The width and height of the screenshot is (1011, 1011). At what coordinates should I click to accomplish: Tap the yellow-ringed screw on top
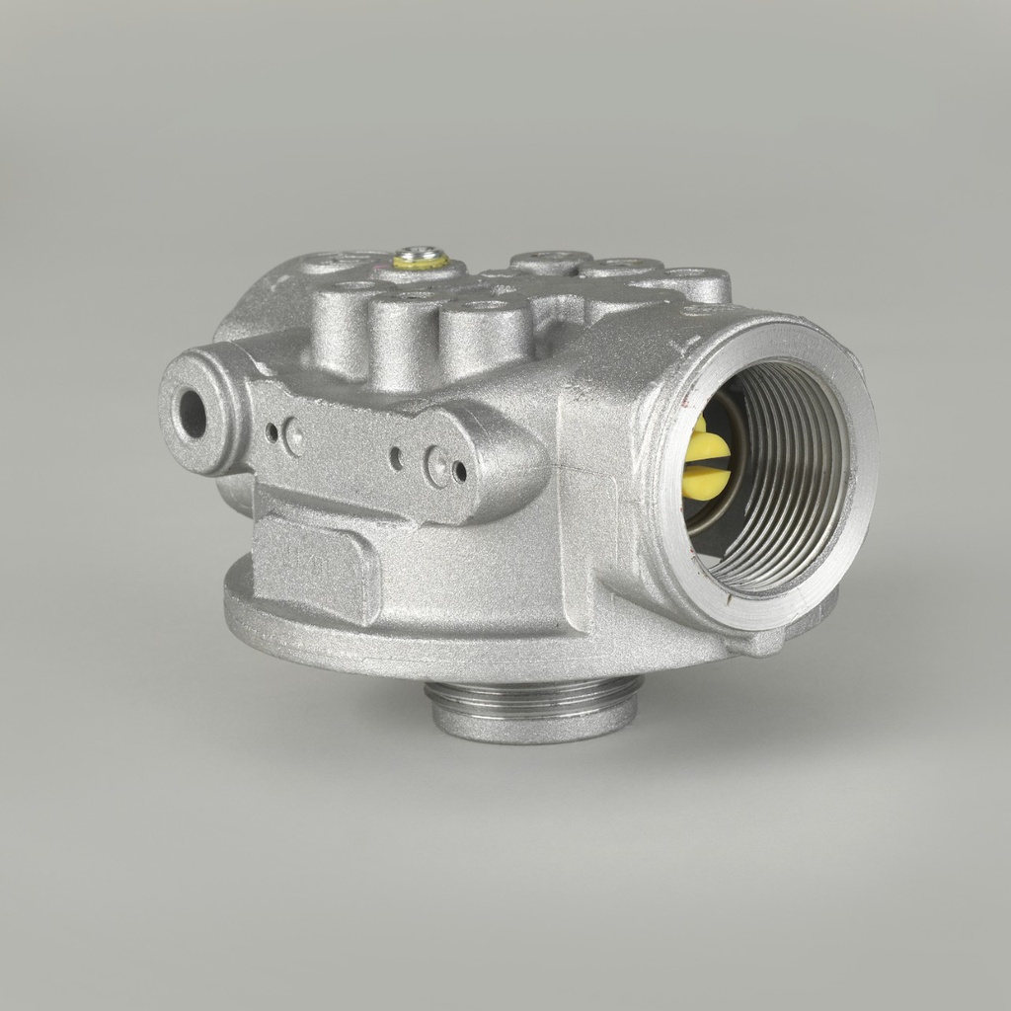(421, 261)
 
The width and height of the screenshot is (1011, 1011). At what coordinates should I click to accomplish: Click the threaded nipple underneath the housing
(533, 707)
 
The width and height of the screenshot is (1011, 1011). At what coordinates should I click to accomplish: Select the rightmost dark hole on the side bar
(459, 471)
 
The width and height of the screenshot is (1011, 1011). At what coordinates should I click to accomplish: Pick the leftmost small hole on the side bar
(272, 431)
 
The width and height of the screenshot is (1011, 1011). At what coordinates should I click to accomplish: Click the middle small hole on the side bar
(395, 457)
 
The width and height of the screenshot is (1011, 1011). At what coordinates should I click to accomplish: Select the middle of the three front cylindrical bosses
(405, 336)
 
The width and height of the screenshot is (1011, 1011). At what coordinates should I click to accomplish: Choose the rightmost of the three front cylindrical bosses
(484, 336)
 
